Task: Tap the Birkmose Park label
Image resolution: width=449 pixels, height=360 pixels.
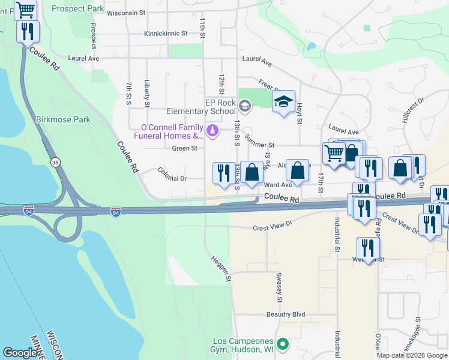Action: pyautogui.click(x=63, y=119)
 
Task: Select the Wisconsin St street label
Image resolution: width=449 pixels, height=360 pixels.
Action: pyautogui.click(x=126, y=13)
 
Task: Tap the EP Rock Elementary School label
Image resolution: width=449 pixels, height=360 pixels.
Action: pyautogui.click(x=220, y=107)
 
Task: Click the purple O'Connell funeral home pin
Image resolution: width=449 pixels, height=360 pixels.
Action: pyautogui.click(x=211, y=130)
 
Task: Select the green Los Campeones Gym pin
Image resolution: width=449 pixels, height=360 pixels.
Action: pyautogui.click(x=285, y=344)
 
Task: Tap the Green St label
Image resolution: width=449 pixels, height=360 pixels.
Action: pyautogui.click(x=184, y=148)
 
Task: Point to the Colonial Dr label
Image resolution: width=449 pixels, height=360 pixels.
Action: pyautogui.click(x=172, y=178)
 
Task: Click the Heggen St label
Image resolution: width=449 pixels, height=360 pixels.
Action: pyautogui.click(x=220, y=268)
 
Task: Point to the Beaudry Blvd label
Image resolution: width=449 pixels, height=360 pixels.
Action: pyautogui.click(x=286, y=314)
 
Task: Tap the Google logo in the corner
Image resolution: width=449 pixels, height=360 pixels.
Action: pyautogui.click(x=20, y=353)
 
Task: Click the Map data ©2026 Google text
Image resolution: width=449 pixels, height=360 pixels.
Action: pyautogui.click(x=411, y=355)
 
